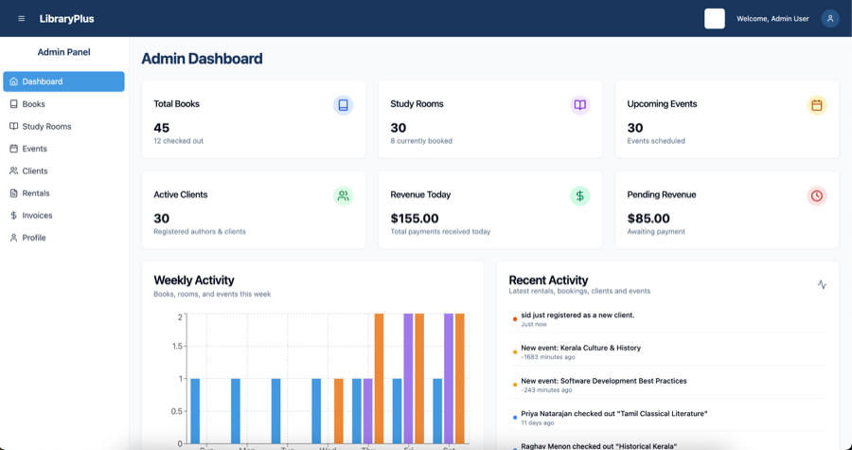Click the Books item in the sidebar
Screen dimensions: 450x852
click(x=33, y=104)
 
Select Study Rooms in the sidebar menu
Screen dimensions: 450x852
click(x=46, y=126)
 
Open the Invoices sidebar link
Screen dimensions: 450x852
click(x=37, y=215)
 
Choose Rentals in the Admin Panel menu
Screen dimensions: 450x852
click(x=35, y=193)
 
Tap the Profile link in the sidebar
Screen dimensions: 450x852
click(x=33, y=238)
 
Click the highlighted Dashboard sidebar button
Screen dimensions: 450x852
click(x=63, y=81)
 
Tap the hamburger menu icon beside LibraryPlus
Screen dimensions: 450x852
click(x=22, y=19)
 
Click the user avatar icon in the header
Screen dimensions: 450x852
click(x=830, y=19)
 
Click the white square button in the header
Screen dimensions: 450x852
click(x=715, y=19)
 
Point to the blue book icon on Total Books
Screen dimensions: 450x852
click(x=344, y=105)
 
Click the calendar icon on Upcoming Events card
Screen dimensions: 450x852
click(x=817, y=105)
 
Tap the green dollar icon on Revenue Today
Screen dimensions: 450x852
click(x=580, y=196)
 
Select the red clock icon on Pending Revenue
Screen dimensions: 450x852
click(x=817, y=196)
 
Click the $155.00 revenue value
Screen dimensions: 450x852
click(x=415, y=218)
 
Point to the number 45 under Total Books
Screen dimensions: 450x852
click(x=162, y=128)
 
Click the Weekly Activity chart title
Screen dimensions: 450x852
click(x=194, y=280)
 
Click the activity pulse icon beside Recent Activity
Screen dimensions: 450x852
click(x=822, y=284)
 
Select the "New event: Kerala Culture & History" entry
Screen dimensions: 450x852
click(x=580, y=348)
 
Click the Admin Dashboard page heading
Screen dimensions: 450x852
click(x=202, y=59)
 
